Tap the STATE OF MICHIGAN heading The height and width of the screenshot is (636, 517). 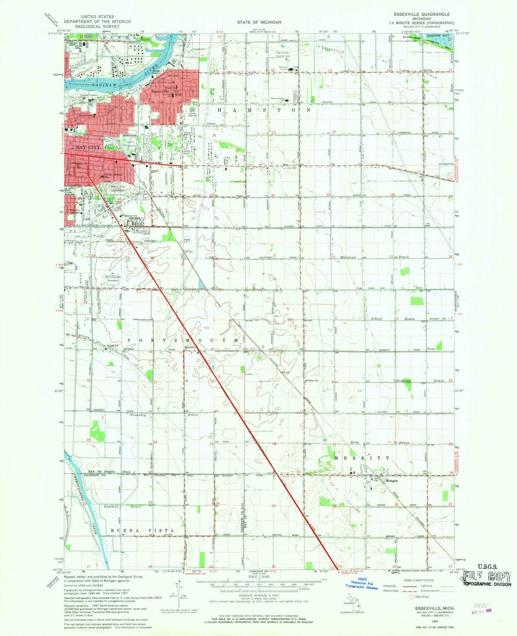pyautogui.click(x=259, y=22)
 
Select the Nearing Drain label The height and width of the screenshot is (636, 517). pyautogui.click(x=414, y=381)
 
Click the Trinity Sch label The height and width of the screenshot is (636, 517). pyautogui.click(x=313, y=381)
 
